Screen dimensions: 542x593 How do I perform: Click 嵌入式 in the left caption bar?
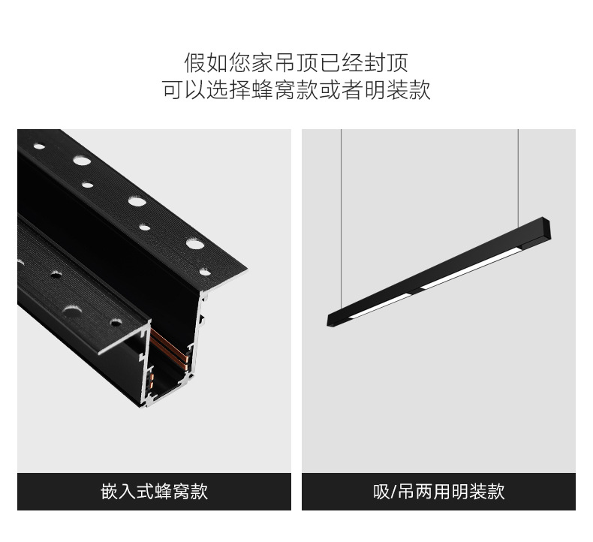tap(128, 492)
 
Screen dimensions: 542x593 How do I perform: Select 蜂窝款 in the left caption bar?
tap(181, 492)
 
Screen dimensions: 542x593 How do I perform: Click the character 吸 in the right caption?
tap(381, 492)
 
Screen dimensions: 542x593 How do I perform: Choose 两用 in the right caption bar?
tap(435, 492)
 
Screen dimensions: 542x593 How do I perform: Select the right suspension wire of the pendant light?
tap(517, 180)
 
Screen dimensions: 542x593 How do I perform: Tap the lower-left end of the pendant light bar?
tap(333, 320)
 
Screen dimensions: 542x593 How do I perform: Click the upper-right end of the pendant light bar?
tap(546, 224)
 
